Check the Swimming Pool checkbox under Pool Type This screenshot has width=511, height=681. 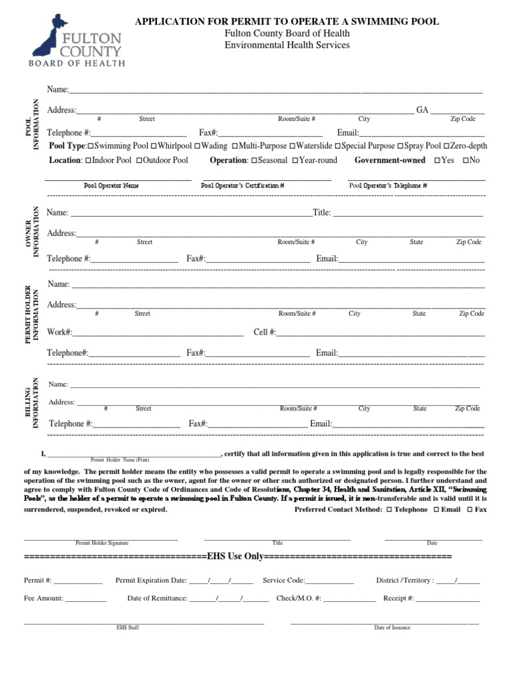91,146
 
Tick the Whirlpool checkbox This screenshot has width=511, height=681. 154,146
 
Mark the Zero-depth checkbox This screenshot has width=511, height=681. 446,146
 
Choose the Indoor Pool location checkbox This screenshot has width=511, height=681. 88,160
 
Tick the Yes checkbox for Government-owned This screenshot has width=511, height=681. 437,160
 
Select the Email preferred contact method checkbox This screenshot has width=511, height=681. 436,509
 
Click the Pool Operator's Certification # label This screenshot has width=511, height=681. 242,186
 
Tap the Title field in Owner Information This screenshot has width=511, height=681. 407,213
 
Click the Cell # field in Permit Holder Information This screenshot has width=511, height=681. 380,333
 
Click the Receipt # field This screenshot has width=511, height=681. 448,599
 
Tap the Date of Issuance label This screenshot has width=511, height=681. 392,628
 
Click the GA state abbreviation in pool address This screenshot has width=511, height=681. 423,110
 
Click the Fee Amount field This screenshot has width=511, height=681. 86,599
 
